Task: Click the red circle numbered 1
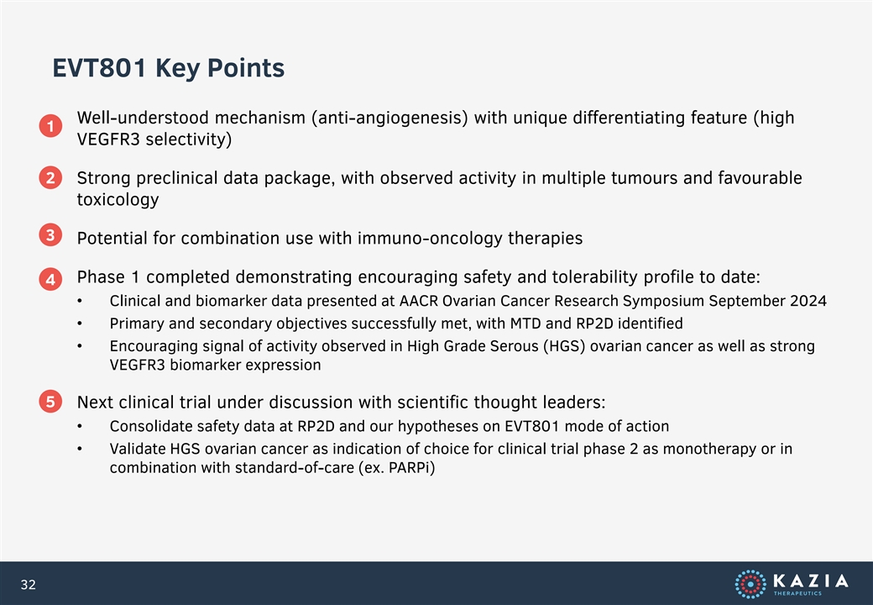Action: click(x=50, y=126)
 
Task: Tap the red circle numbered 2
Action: click(x=50, y=177)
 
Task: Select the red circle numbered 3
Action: click(x=50, y=235)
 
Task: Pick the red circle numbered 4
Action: click(x=50, y=279)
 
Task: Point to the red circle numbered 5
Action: click(x=50, y=401)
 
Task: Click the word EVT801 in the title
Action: click(x=100, y=68)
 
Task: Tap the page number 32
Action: click(x=29, y=584)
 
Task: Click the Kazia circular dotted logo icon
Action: click(x=750, y=584)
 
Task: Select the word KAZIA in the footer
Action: click(x=811, y=581)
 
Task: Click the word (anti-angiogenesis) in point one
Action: click(x=389, y=118)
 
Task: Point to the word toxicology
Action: click(x=118, y=200)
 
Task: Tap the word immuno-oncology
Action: click(x=431, y=239)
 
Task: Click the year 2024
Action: click(x=808, y=301)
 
